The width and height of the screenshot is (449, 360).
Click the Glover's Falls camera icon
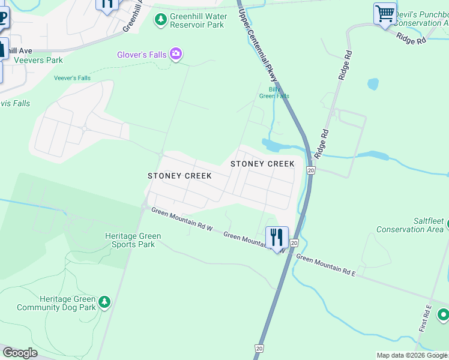pyautogui.click(x=176, y=55)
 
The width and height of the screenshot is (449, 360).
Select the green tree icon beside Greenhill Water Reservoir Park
pyautogui.click(x=160, y=20)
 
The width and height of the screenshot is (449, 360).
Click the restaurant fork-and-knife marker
pyautogui.click(x=277, y=237)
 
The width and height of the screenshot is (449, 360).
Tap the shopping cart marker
pyautogui.click(x=384, y=13)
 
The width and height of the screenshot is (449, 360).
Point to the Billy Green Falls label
pyautogui.click(x=274, y=92)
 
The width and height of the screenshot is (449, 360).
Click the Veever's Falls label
pyautogui.click(x=72, y=78)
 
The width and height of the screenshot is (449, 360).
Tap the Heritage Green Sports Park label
pyautogui.click(x=130, y=240)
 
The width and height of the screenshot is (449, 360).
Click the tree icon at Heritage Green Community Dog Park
pyautogui.click(x=105, y=301)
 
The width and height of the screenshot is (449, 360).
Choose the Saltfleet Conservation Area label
pyautogui.click(x=410, y=225)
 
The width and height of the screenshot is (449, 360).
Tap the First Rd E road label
pyautogui.click(x=426, y=318)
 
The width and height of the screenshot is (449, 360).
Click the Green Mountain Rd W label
pyautogui.click(x=182, y=219)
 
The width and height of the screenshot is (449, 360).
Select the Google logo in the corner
pyautogui.click(x=20, y=353)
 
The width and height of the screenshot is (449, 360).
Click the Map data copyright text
pyautogui.click(x=412, y=355)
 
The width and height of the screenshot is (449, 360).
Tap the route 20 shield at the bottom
pyautogui.click(x=258, y=348)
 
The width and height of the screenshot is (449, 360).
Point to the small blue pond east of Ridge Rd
pyautogui.click(x=373, y=83)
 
